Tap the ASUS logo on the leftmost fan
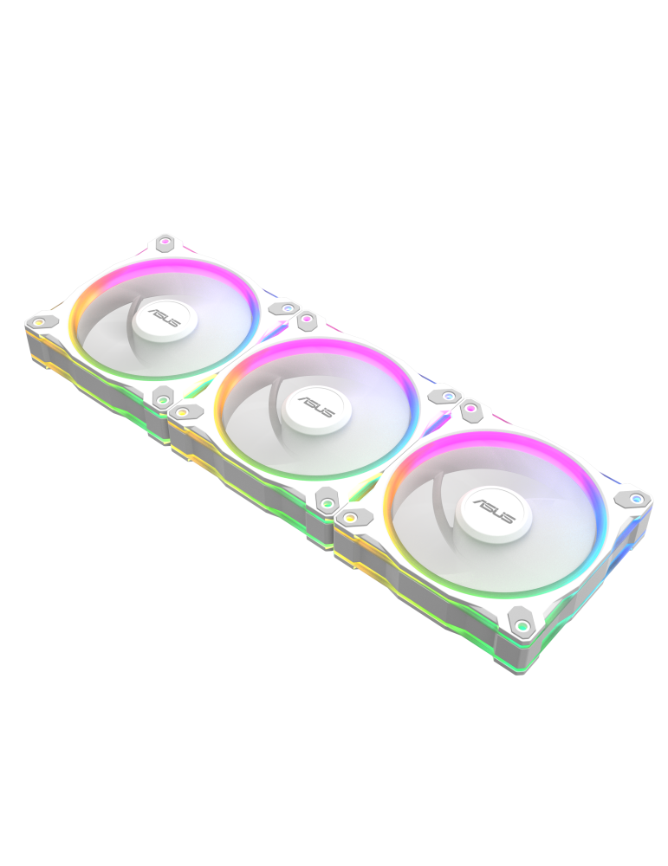pos(164,317)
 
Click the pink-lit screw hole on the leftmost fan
pos(165,242)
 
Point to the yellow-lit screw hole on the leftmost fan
pos(39,323)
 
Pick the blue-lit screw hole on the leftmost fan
pos(287,308)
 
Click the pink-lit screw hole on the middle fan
pos(306,321)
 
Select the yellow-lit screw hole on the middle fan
pos(184,412)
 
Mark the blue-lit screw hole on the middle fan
pos(448,397)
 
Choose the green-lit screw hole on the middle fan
pos(328,501)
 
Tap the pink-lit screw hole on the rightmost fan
pos(470,407)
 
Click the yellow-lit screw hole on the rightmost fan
pos(349,518)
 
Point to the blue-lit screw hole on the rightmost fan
pos(637,499)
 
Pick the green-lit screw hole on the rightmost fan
pos(522,624)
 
